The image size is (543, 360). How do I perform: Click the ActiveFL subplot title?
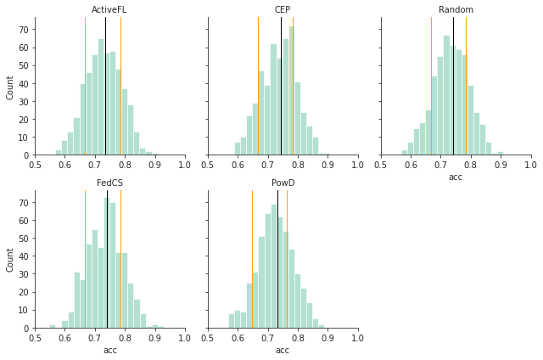point(110,10)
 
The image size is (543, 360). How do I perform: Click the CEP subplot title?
point(283,10)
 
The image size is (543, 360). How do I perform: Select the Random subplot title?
point(456,10)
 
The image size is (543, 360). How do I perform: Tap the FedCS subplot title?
point(110,183)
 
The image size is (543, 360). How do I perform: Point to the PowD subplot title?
point(283,183)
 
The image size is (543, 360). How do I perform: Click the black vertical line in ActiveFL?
point(105,85)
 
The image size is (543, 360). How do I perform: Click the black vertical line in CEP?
point(281,85)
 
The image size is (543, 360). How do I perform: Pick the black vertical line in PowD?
point(277,255)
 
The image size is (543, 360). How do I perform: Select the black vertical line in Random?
point(453,85)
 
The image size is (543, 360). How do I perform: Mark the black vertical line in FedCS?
point(107,255)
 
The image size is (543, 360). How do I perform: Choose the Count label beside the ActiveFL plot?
point(10,87)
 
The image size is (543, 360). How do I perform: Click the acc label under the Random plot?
point(456,177)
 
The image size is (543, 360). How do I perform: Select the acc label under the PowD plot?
point(283,350)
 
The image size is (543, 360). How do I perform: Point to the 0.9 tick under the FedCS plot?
point(154,337)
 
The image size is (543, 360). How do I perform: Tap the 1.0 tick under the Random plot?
point(530,164)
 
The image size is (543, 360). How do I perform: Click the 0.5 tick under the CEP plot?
point(208,164)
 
